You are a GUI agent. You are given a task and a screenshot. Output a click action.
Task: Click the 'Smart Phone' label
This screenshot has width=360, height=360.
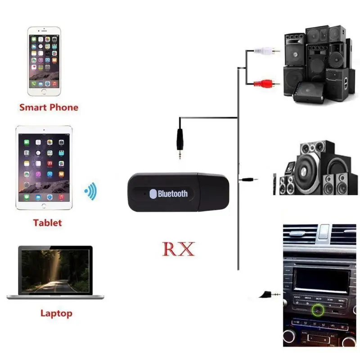point(49,108)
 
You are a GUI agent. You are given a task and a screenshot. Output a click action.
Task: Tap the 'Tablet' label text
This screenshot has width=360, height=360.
point(47,222)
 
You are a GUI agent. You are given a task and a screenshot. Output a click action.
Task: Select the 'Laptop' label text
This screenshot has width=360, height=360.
point(56,313)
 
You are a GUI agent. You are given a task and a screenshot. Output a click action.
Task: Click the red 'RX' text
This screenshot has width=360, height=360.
point(178,248)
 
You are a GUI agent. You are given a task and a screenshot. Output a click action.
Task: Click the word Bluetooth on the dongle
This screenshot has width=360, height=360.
point(172,193)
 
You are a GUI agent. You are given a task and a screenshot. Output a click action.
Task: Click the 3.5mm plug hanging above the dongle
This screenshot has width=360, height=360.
point(180,144)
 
